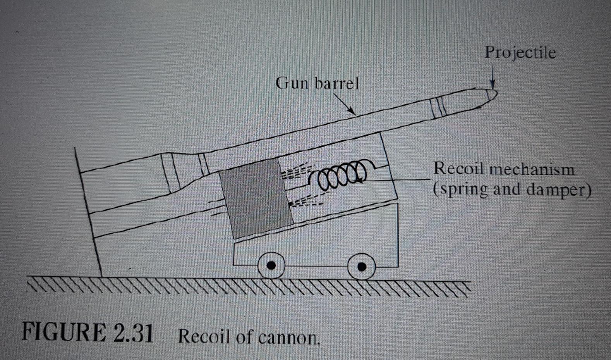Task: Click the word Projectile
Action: (x=520, y=53)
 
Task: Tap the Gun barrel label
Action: (x=317, y=83)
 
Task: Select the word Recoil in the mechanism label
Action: (x=458, y=169)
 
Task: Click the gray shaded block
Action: (x=256, y=198)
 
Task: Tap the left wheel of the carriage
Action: (x=272, y=265)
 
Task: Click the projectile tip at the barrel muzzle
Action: (x=491, y=95)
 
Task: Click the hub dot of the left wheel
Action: (x=272, y=265)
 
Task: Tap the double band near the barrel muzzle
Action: (x=438, y=107)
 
